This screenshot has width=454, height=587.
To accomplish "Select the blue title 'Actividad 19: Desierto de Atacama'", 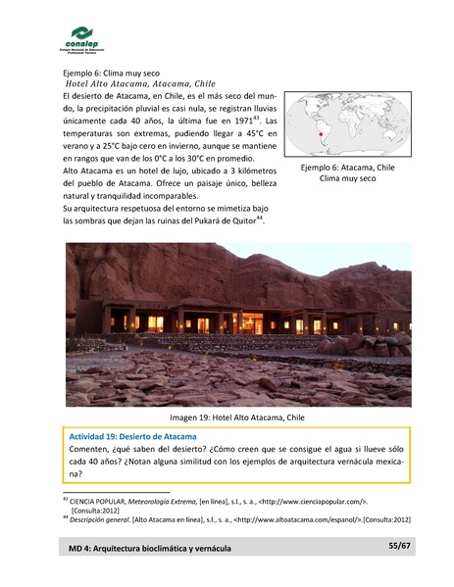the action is click(133, 435).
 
